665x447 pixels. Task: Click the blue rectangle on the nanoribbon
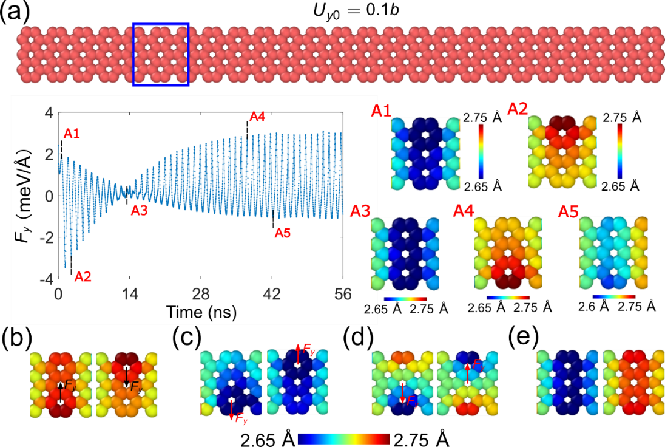[x=161, y=55]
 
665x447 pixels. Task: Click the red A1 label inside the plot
[x=72, y=134]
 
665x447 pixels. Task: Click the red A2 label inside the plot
[x=83, y=277]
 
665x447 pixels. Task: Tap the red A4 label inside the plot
[x=257, y=117]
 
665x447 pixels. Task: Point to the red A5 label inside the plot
[x=283, y=233]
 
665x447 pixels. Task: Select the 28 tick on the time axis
[x=201, y=295]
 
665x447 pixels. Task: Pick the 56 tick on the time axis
[x=343, y=295]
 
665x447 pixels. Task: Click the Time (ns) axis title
[x=201, y=312]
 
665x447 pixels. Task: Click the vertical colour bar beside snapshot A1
[x=481, y=151]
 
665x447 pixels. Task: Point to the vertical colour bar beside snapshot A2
[x=619, y=151]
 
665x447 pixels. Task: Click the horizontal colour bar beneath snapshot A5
[x=613, y=297]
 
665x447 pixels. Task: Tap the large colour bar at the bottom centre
[x=344, y=439]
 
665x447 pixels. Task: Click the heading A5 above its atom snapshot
[x=569, y=212]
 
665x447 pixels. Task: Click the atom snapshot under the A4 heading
[x=508, y=253]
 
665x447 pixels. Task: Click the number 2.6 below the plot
[x=371, y=310]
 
